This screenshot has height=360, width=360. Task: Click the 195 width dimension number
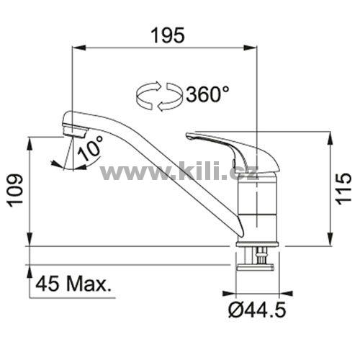168,35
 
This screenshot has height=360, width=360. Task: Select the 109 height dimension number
15,191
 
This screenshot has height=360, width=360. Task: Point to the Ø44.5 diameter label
257,310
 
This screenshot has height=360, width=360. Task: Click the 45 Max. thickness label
73,283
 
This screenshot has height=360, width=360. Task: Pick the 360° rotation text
207,94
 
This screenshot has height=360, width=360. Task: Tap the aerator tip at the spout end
75,132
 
